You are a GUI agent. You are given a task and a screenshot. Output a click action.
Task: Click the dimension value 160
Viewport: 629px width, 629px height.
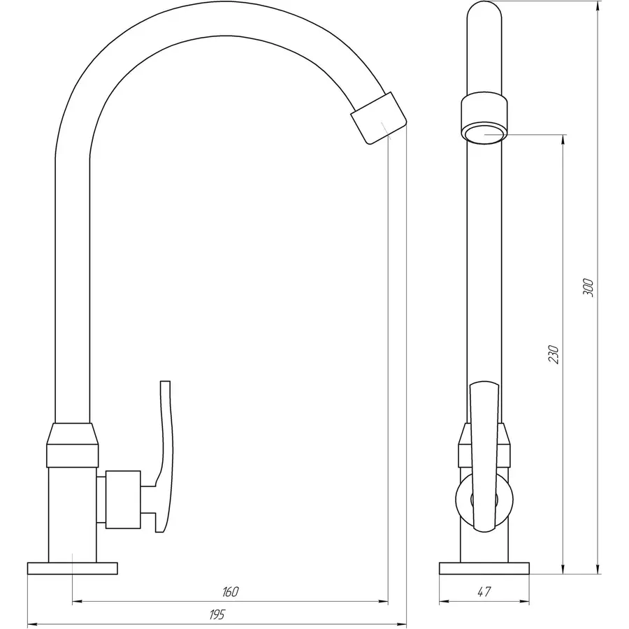[x=230, y=592]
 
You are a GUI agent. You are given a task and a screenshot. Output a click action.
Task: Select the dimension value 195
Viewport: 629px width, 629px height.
[x=217, y=614]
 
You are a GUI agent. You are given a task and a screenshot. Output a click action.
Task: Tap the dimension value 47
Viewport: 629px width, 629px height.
[x=484, y=592]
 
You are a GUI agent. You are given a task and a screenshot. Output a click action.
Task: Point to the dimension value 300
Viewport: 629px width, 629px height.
[x=588, y=287]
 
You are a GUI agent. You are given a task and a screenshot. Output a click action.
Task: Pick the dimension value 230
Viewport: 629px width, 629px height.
[x=554, y=354]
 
